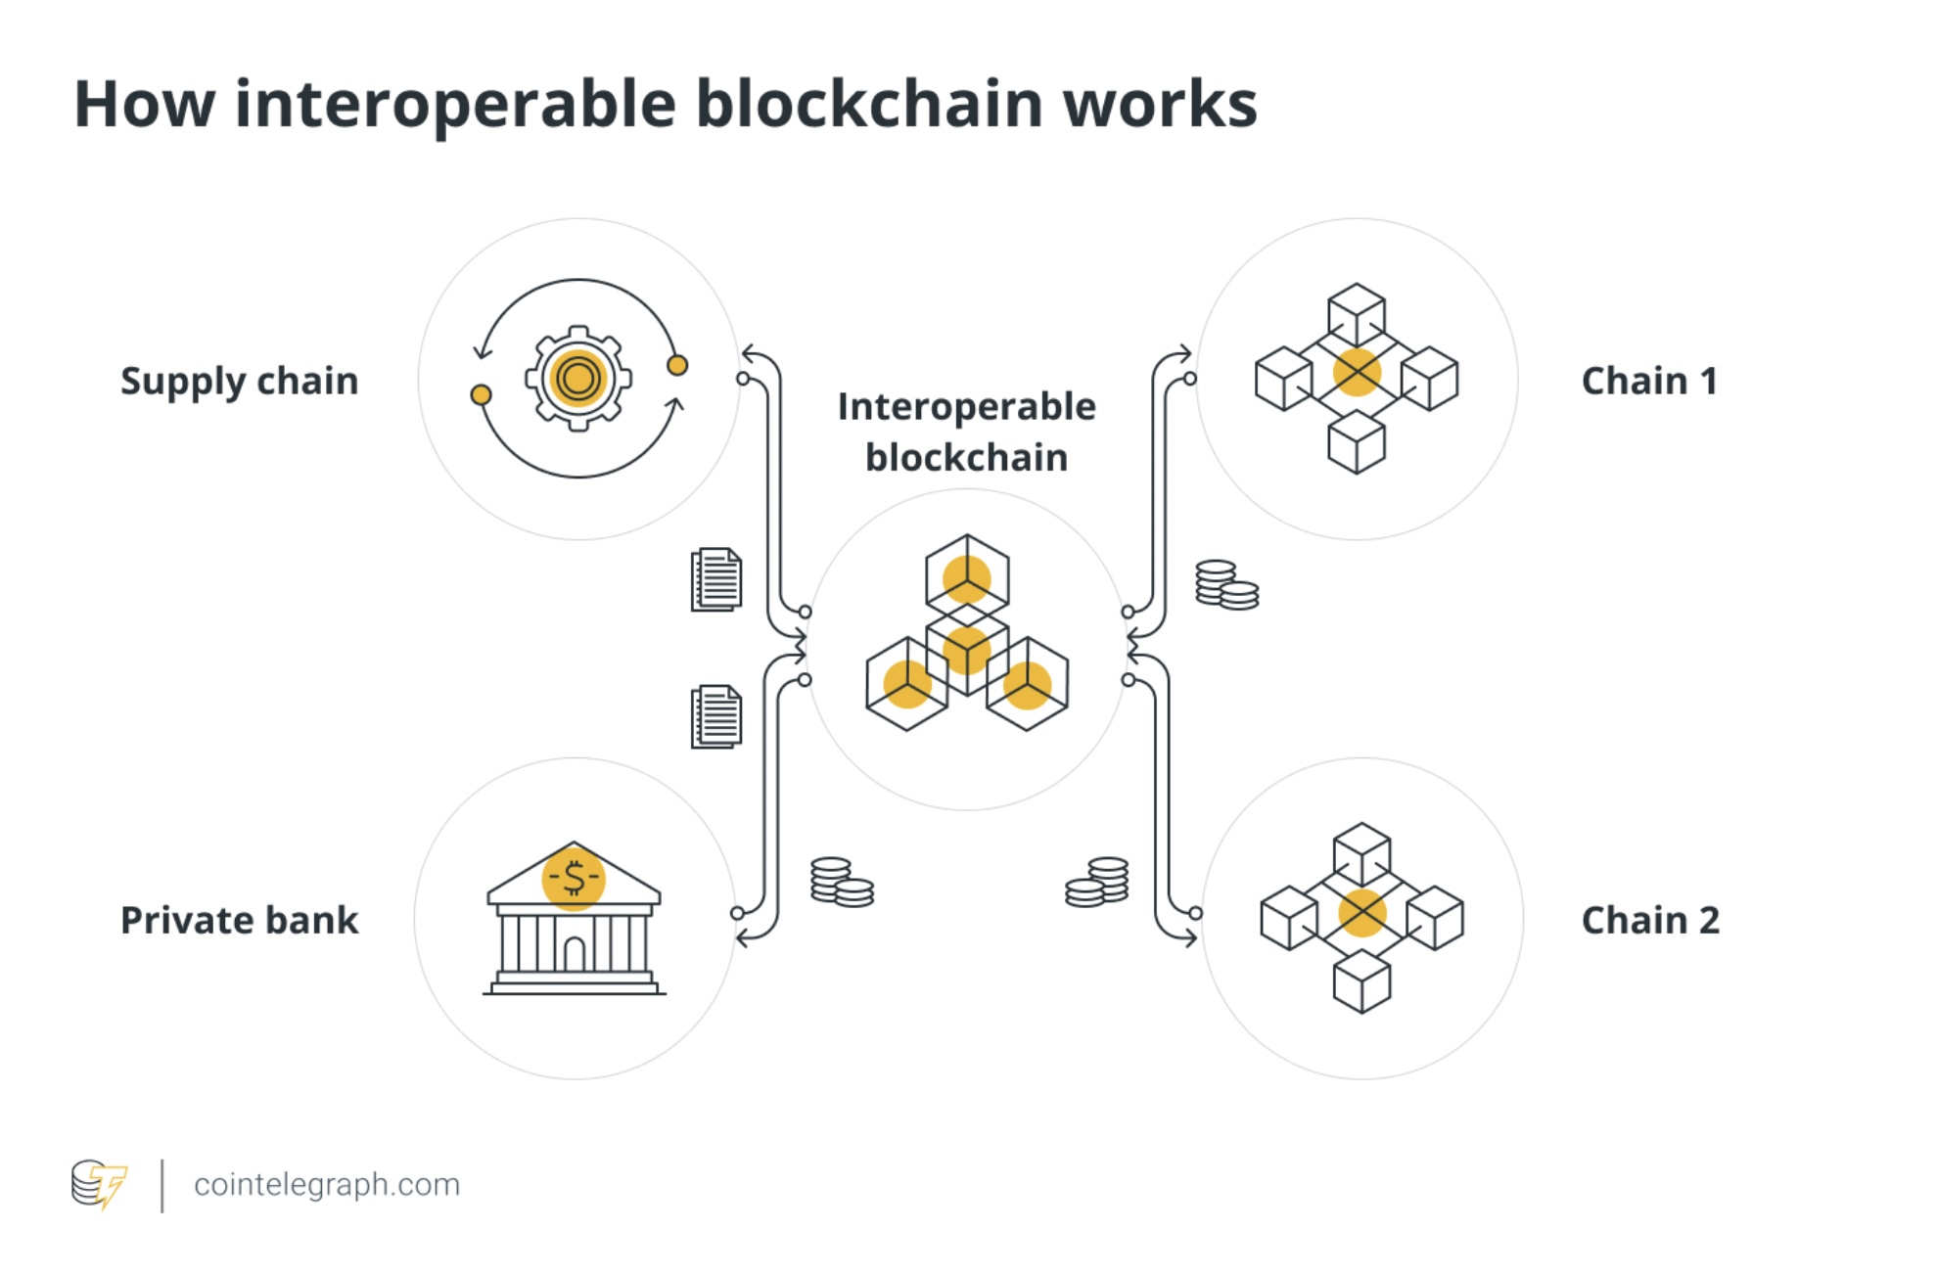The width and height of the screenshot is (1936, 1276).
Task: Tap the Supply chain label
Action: tap(240, 382)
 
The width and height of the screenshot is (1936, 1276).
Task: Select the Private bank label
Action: tap(240, 920)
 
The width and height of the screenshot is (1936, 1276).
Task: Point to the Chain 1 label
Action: tap(1649, 381)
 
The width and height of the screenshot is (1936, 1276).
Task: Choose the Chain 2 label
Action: tap(1650, 920)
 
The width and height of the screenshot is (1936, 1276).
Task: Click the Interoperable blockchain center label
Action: tap(967, 432)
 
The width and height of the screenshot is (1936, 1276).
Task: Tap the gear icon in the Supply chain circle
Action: tap(578, 378)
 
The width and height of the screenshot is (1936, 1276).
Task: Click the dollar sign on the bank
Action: tap(574, 878)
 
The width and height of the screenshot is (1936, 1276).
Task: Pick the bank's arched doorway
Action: tap(575, 952)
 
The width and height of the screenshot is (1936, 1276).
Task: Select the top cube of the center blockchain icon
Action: tap(967, 576)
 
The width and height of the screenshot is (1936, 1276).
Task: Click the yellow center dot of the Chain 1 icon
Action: tap(1357, 372)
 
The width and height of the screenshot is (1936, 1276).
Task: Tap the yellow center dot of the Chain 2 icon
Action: tap(1361, 913)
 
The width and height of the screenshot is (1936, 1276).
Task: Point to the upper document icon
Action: tap(716, 579)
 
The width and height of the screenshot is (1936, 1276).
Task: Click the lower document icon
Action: tap(716, 716)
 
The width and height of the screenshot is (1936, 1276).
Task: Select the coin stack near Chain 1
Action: tap(1226, 584)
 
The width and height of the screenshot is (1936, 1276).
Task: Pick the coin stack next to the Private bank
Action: tap(842, 882)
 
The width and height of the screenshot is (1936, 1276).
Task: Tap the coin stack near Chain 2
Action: tap(1097, 882)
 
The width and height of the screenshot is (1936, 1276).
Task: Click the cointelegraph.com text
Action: tap(327, 1185)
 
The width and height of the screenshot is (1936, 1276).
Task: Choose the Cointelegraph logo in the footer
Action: tap(99, 1184)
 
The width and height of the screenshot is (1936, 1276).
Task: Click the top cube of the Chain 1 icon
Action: tap(1357, 313)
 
